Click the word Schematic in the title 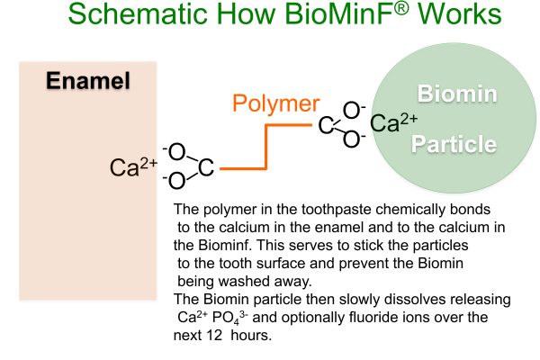tap(138, 13)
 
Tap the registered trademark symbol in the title tap(401, 8)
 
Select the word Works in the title tap(460, 13)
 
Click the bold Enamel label tap(88, 81)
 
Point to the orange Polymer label tap(276, 104)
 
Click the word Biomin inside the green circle tap(457, 94)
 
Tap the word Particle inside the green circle tap(454, 144)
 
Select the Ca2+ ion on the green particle tap(394, 122)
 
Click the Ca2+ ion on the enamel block tap(133, 167)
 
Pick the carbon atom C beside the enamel tap(206, 167)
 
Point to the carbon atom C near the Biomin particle tap(326, 125)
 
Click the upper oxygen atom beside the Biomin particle tap(352, 110)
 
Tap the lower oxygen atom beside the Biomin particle tap(352, 139)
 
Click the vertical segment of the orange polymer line tap(265, 147)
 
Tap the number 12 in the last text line tap(214, 335)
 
